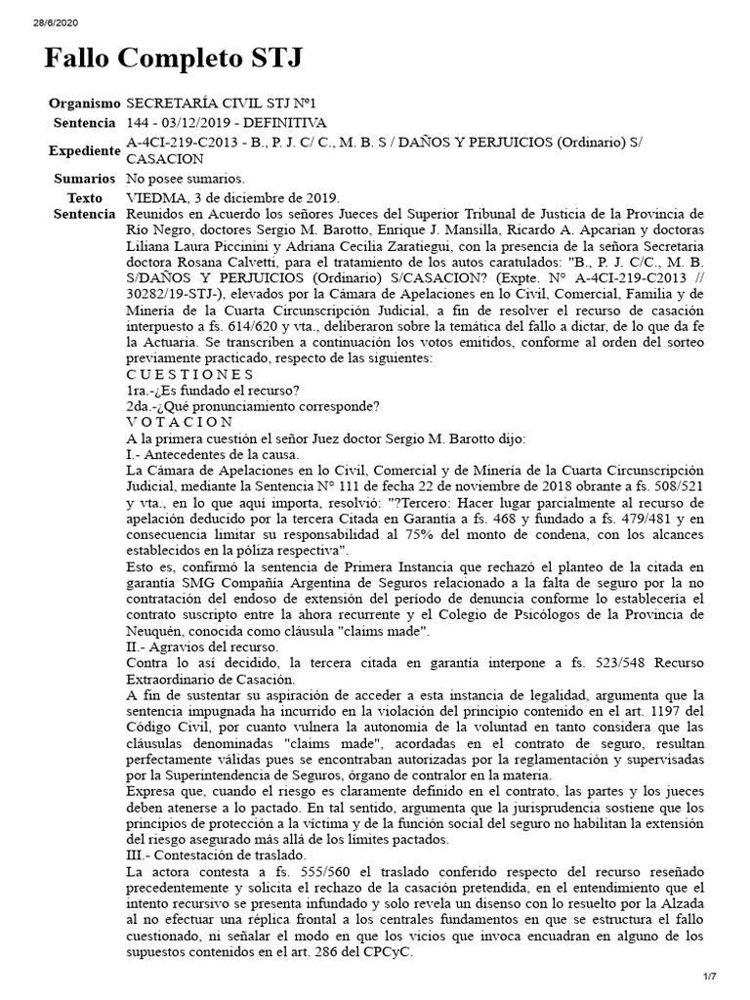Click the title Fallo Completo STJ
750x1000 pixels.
click(x=173, y=59)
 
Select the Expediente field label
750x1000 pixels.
click(x=83, y=150)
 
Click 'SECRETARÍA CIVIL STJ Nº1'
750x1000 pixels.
click(x=223, y=103)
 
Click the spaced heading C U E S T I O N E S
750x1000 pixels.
click(x=189, y=374)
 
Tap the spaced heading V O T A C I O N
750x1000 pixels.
click(x=180, y=421)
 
